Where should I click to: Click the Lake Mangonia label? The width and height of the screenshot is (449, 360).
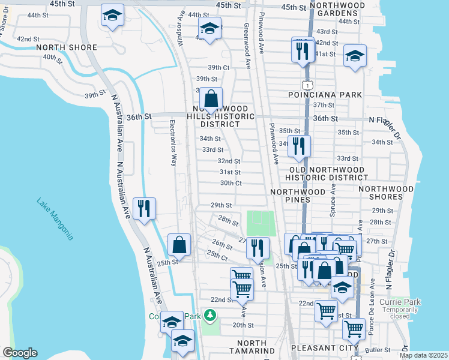coord(55,219)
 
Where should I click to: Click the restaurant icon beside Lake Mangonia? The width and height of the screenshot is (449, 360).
coord(144,209)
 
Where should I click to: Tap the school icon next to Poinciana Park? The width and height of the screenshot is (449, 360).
coord(355,57)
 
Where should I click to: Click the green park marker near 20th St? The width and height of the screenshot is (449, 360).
coord(210,314)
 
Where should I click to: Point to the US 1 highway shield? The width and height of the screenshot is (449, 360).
coord(307,80)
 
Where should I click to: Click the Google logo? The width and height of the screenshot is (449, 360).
coord(20,353)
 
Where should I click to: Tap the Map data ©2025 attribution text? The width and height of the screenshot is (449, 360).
coord(423,355)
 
